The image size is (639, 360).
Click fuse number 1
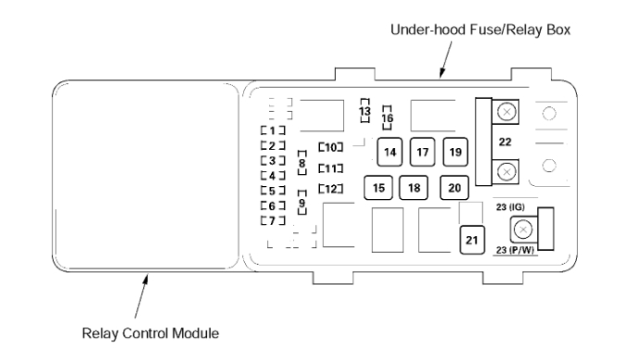click(273, 130)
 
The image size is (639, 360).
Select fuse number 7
click(273, 220)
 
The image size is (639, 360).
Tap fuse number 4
click(273, 176)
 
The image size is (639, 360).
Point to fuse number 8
click(302, 163)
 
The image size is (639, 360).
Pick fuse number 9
click(302, 203)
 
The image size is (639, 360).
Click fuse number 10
click(331, 147)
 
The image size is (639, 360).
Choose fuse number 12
click(331, 189)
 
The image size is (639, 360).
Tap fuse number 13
click(365, 110)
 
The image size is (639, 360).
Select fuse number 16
click(387, 118)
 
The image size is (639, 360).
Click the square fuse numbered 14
click(389, 152)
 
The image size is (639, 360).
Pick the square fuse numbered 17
click(423, 152)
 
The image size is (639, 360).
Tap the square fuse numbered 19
click(455, 152)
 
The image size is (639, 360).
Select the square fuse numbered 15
click(378, 188)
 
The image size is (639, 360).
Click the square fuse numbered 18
click(413, 188)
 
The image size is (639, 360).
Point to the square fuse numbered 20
click(454, 188)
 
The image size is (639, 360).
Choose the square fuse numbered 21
click(472, 240)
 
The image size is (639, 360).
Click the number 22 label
click(505, 142)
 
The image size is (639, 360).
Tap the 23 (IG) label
click(510, 207)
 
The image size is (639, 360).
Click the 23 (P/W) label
click(515, 250)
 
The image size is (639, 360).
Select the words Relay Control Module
click(151, 333)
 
